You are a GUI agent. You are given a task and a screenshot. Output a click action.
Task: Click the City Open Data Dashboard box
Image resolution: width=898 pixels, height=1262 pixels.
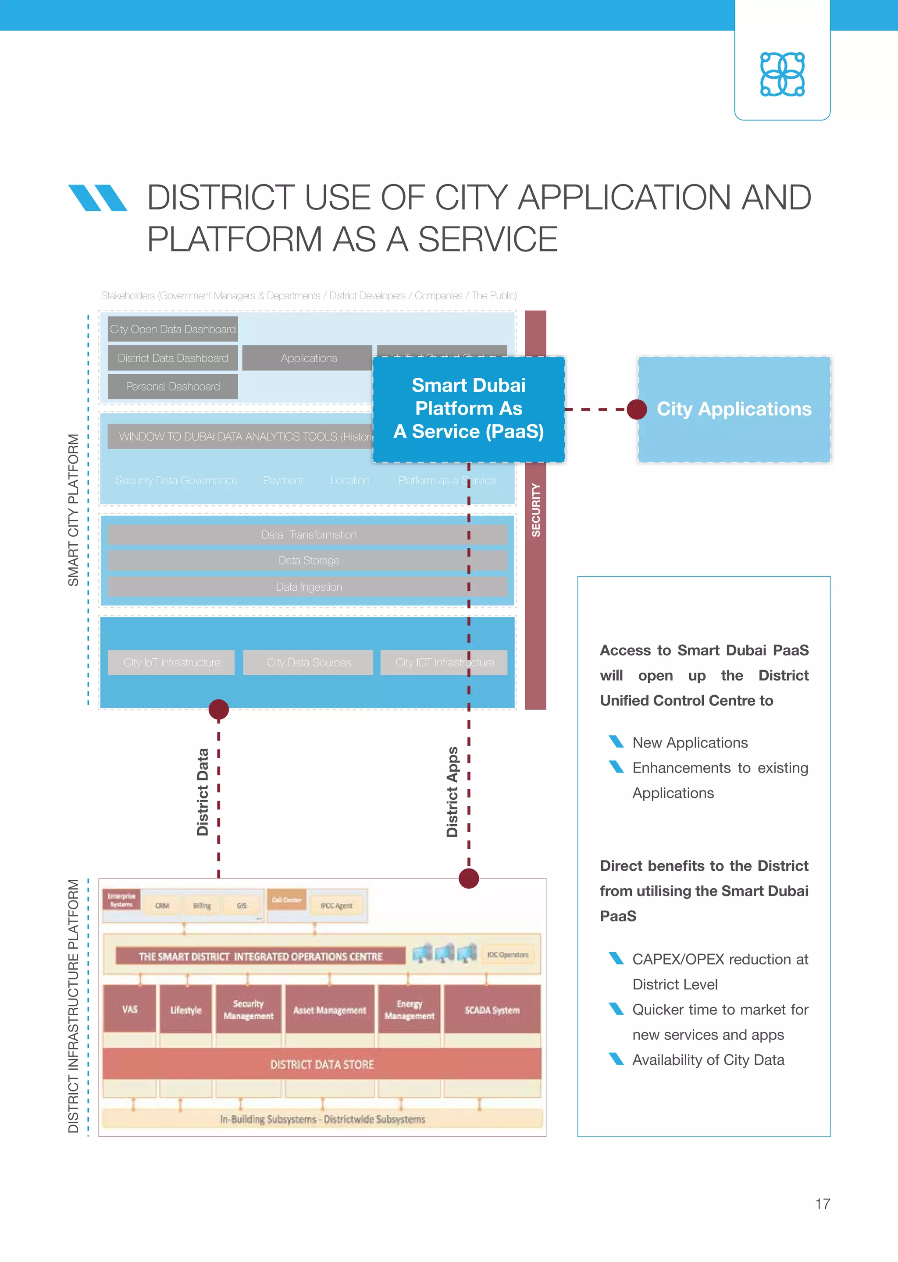(172, 330)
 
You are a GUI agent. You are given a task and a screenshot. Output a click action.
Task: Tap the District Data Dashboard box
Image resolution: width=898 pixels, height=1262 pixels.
(172, 358)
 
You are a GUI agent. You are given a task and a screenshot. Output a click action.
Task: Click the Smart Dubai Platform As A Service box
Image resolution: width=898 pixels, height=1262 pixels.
(468, 408)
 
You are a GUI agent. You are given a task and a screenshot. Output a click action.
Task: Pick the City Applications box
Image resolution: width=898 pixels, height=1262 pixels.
(734, 409)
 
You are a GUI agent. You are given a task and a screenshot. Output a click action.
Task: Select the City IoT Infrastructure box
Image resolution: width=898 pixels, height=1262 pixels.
(171, 663)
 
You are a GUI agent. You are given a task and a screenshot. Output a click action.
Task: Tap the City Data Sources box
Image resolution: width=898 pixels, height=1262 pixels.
(309, 663)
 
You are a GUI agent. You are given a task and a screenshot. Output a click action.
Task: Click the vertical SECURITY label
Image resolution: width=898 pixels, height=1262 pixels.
(535, 510)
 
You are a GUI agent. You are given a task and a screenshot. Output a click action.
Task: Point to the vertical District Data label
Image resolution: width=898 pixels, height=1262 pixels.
(203, 792)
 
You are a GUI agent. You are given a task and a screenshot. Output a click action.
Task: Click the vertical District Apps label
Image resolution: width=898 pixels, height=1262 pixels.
(453, 792)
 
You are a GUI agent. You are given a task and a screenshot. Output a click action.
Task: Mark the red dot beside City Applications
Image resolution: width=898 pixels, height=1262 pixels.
(637, 409)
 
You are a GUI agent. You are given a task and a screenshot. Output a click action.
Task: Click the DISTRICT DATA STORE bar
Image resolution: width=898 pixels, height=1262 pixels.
(322, 1064)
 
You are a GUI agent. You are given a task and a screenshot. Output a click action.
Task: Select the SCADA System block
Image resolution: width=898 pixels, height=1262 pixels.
(492, 1010)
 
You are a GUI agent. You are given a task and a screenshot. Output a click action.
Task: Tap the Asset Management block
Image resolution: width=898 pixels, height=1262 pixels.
(330, 1010)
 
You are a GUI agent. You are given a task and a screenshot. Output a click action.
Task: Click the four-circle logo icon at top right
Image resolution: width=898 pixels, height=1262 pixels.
(782, 74)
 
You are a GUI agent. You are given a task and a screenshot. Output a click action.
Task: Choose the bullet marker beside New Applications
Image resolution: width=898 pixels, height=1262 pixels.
(616, 741)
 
